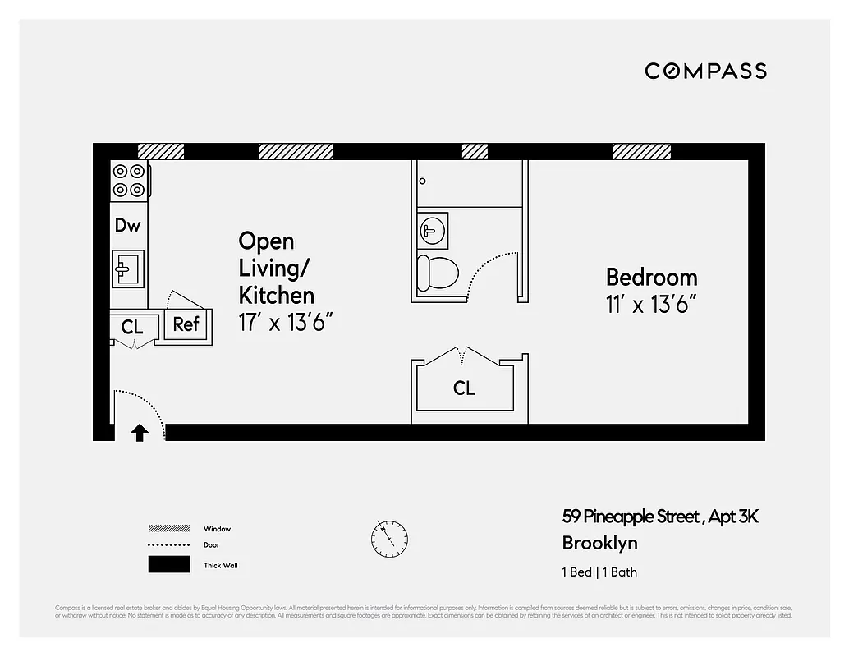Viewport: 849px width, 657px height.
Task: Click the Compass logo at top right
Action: tap(705, 71)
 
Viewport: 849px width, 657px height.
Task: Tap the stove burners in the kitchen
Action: tap(129, 181)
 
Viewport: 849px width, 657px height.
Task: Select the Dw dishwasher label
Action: tap(127, 225)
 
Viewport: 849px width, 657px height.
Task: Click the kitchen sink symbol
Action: tap(127, 268)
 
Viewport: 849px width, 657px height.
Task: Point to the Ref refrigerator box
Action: tap(186, 324)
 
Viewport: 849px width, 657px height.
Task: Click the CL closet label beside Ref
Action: tap(131, 327)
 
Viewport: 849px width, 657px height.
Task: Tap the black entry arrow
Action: tap(140, 432)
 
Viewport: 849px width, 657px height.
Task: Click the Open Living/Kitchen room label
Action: tap(276, 268)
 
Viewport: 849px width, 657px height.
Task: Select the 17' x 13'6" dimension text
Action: tap(285, 322)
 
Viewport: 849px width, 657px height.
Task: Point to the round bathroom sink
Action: tap(432, 230)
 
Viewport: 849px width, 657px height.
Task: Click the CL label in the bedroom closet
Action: tap(464, 388)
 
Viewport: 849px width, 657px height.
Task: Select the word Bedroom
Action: tap(651, 277)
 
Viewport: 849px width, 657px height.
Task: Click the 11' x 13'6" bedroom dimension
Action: tap(650, 305)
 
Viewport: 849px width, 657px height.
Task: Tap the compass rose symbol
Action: tap(388, 539)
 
